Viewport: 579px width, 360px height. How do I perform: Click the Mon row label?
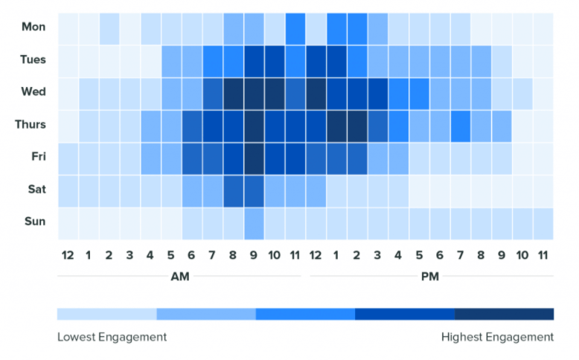click(x=34, y=28)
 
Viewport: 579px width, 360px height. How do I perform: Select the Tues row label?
click(x=33, y=60)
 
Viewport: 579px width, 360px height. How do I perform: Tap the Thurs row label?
click(x=31, y=124)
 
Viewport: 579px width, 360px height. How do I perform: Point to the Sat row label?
click(x=35, y=189)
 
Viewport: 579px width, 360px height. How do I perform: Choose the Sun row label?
click(x=34, y=221)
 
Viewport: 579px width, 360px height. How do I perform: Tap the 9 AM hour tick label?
click(x=254, y=255)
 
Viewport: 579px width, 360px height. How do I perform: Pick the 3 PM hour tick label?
click(x=377, y=255)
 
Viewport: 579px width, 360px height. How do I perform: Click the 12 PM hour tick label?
click(x=316, y=255)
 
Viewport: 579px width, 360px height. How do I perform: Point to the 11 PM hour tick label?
click(x=543, y=255)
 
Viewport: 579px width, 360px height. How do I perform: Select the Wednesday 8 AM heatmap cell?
click(x=233, y=92)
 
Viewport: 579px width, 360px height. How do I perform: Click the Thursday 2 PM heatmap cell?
click(x=357, y=124)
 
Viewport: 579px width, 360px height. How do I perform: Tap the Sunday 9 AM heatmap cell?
click(x=254, y=222)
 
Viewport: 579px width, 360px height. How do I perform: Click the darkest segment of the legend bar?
click(x=504, y=314)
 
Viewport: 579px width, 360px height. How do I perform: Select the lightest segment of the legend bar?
click(x=106, y=314)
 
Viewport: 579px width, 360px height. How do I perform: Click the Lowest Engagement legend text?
click(x=112, y=337)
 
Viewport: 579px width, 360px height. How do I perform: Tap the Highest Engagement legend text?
click(x=497, y=337)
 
